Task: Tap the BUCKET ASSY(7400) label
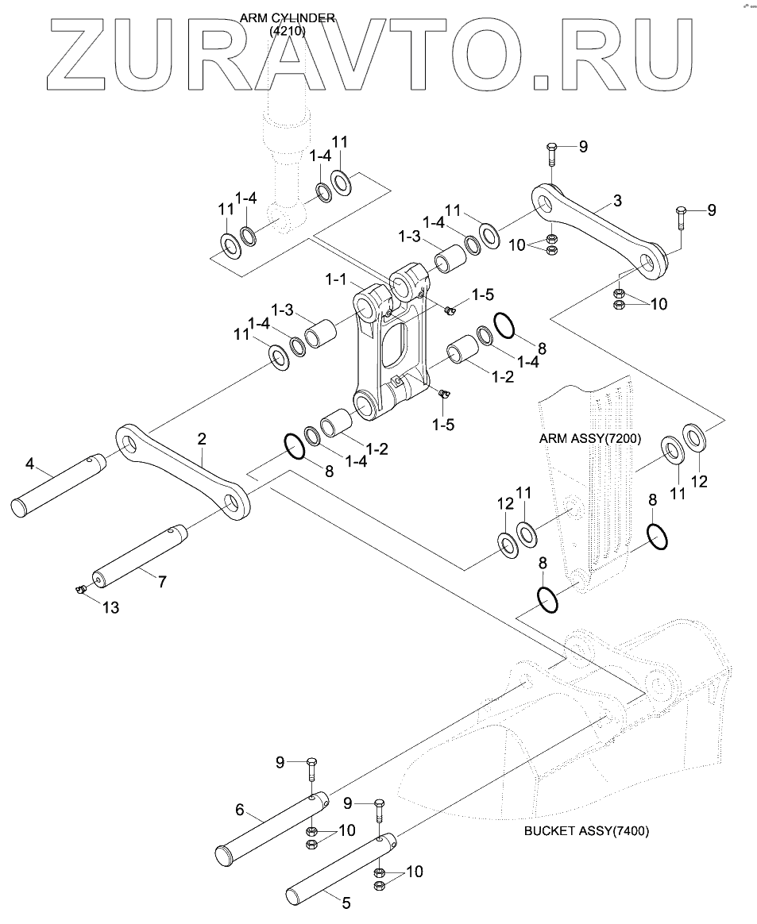[587, 831]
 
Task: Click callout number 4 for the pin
[29, 463]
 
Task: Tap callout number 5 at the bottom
[346, 902]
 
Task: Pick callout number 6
[239, 810]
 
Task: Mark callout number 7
[161, 581]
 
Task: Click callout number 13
[111, 607]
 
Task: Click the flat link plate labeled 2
[183, 472]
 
